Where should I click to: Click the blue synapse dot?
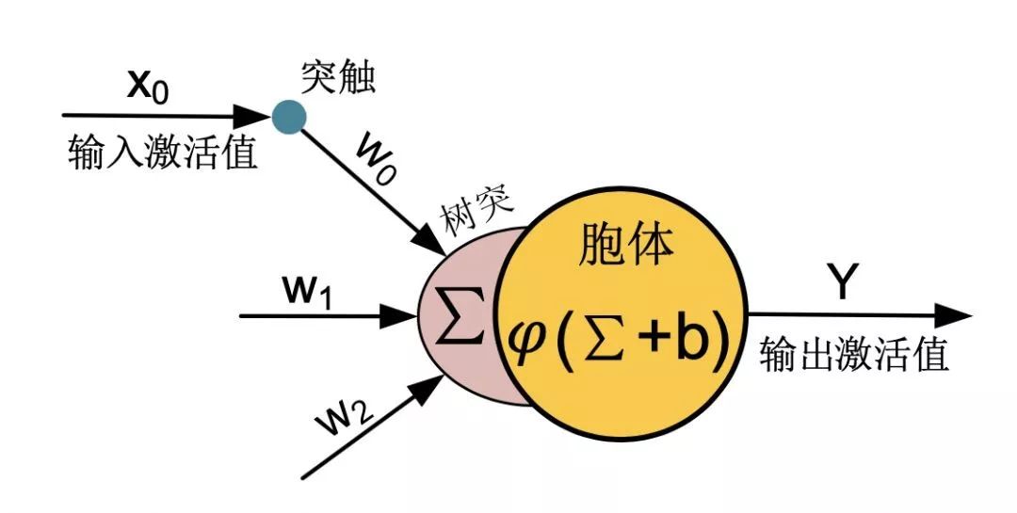click(288, 116)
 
